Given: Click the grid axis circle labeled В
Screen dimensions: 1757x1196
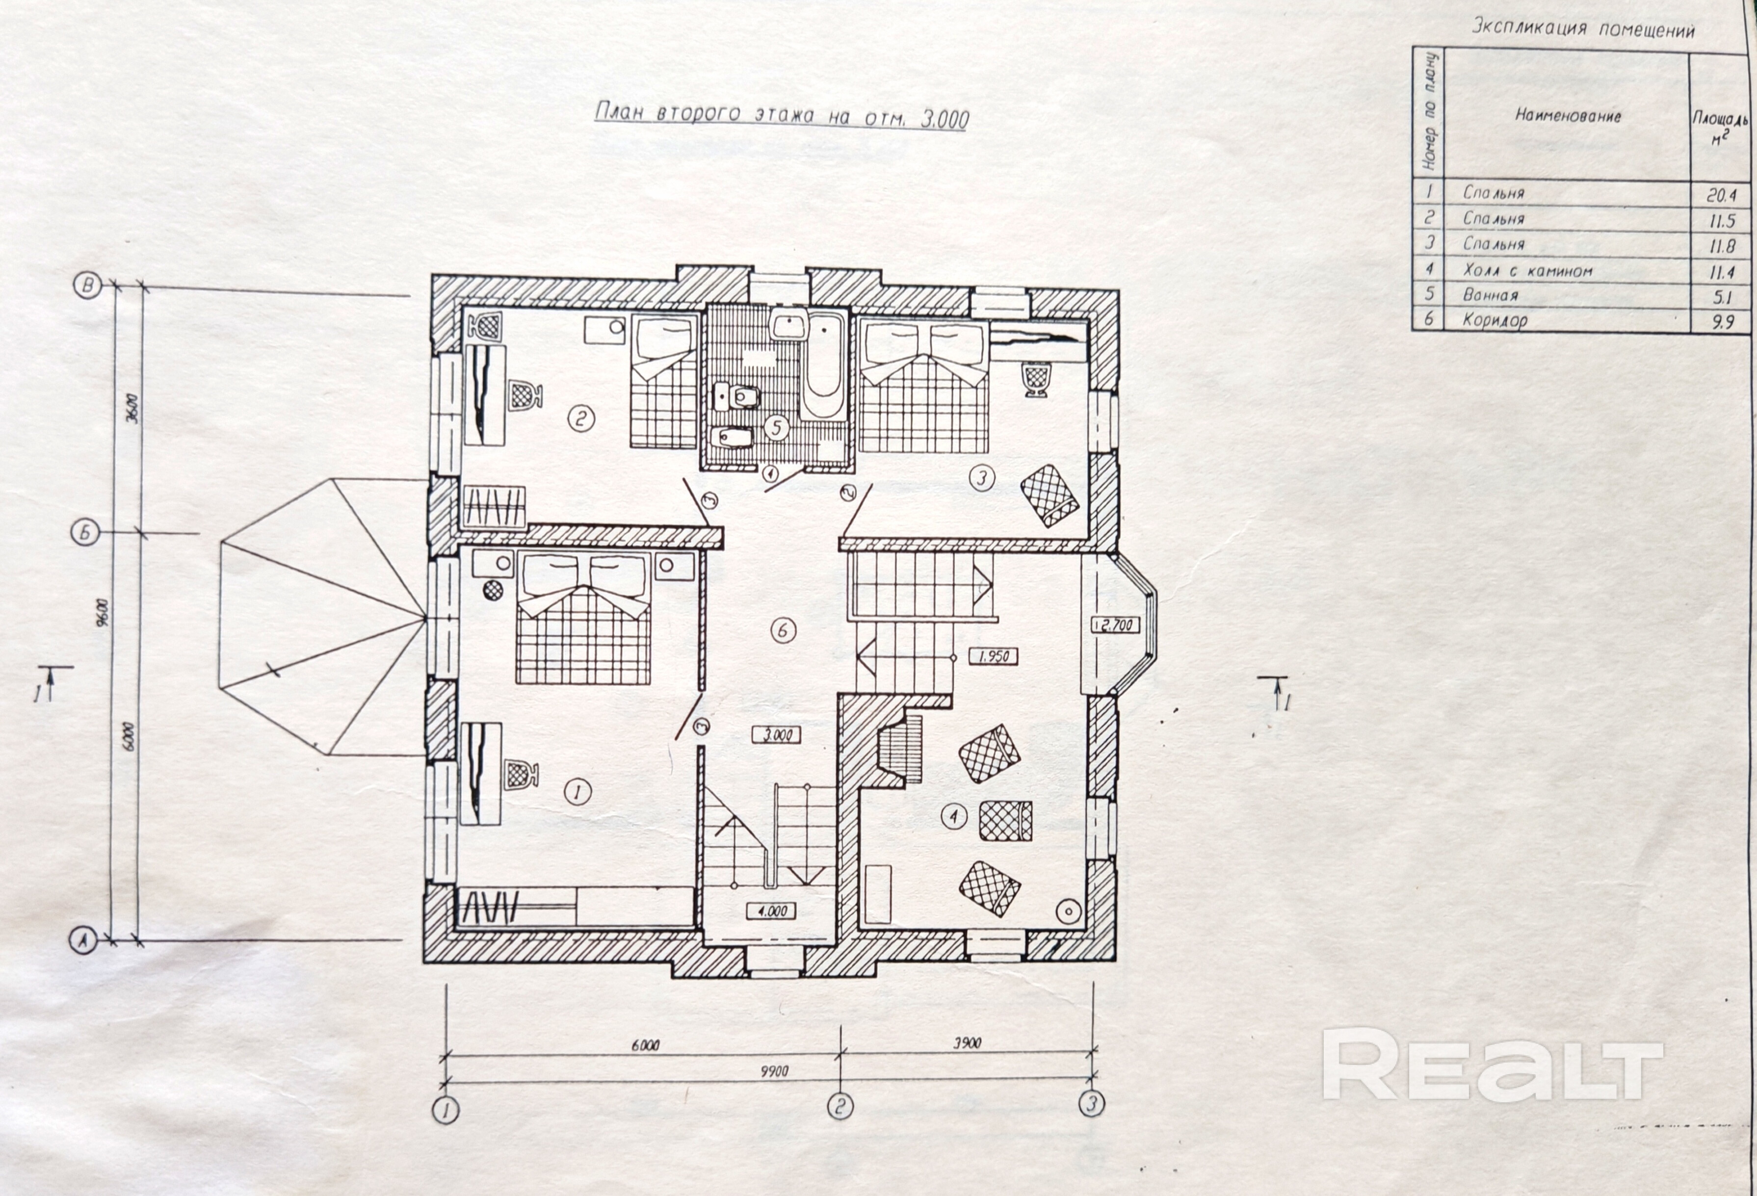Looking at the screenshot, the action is tap(88, 285).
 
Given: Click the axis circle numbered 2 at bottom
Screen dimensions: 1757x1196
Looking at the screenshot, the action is tap(840, 1107).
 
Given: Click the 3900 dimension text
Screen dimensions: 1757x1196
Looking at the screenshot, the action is tap(966, 1043).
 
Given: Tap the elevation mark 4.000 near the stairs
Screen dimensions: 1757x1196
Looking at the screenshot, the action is tap(772, 911).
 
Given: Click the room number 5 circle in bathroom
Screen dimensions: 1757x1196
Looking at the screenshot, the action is tap(776, 428).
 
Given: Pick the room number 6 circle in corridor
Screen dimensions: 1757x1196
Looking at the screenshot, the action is tap(783, 630).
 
